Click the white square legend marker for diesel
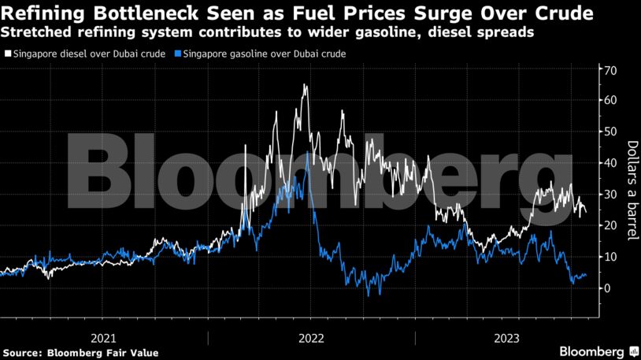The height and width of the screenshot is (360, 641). click(x=8, y=54)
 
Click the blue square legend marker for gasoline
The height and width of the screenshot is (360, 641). click(x=178, y=54)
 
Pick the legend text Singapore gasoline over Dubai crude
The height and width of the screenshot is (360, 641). click(x=265, y=54)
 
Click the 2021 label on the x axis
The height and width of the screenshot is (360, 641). click(x=104, y=338)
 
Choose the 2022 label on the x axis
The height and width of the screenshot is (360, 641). click(x=311, y=338)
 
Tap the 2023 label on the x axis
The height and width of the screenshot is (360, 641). click(x=506, y=338)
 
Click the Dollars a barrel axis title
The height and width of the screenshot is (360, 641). click(x=631, y=190)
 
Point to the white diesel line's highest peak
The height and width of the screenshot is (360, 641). click(x=304, y=84)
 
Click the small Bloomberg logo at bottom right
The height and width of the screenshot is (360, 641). click(x=598, y=351)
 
